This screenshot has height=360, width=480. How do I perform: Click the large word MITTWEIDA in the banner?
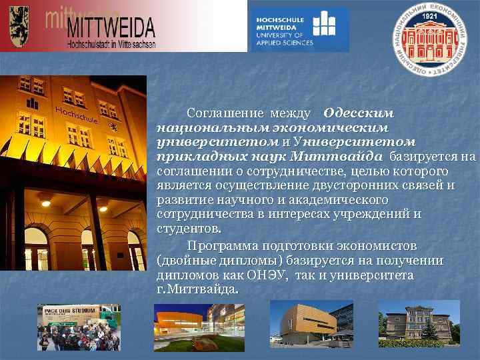coord(110,28)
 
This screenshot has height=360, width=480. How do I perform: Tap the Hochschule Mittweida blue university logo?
coord(298,29)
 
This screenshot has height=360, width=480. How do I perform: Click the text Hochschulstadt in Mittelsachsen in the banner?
coord(111,44)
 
